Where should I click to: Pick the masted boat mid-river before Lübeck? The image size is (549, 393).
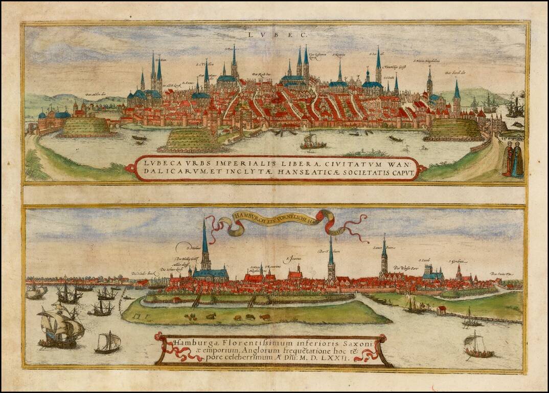click(x=312, y=143)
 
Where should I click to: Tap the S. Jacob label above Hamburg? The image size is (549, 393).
click(x=424, y=260)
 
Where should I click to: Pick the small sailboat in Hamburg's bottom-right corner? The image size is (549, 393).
click(x=478, y=345)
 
